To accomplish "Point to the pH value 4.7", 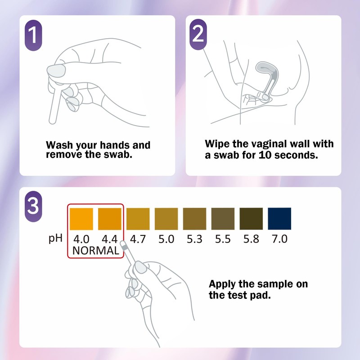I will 138,239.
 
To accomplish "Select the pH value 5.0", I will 166,239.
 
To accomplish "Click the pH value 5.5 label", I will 223,239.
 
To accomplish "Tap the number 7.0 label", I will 279,239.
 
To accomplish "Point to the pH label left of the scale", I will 55,238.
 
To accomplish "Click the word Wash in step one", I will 59,146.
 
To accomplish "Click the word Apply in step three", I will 223,285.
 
